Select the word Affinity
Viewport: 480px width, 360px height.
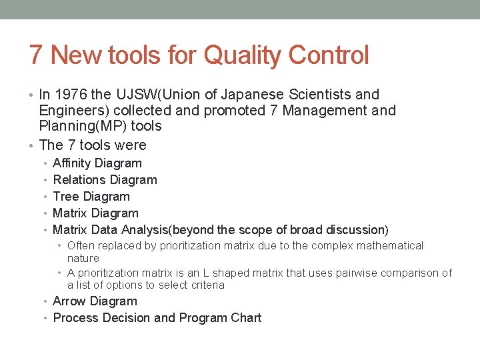[x=73, y=163]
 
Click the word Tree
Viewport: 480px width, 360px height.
[x=65, y=197]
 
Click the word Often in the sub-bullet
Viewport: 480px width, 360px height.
[x=81, y=246]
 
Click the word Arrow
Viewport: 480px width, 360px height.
[x=69, y=301]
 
